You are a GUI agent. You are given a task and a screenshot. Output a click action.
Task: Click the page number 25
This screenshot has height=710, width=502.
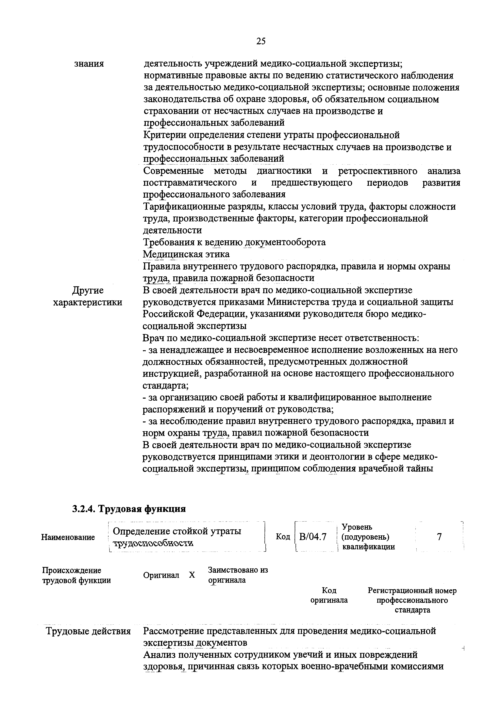pos(261,41)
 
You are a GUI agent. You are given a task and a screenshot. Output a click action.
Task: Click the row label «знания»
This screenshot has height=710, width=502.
pos(89,64)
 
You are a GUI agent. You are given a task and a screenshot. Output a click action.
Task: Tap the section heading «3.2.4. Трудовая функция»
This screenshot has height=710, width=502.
pos(129,509)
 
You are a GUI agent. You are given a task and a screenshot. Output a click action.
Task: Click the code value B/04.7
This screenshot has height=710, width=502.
pos(313,537)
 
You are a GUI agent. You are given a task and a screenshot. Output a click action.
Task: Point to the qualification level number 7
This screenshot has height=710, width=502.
pos(439,537)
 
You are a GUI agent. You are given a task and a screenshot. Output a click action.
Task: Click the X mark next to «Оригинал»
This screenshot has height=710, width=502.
pos(192,575)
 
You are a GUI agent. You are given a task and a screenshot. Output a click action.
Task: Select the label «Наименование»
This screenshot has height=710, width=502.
pos(68,537)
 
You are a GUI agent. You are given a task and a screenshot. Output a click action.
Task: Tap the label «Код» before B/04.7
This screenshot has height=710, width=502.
pos(283,537)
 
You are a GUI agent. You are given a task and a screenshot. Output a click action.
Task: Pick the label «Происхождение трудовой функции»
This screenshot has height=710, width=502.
pos(76,575)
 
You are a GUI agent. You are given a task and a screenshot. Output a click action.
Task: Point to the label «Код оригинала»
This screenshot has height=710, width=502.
pos(329,600)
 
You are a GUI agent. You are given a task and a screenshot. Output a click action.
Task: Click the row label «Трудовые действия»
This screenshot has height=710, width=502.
pos(88,631)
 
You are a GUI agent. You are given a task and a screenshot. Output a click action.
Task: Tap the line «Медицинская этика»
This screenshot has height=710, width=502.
pos(186,254)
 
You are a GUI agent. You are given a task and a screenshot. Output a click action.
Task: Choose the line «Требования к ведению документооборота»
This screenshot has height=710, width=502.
pos(234,242)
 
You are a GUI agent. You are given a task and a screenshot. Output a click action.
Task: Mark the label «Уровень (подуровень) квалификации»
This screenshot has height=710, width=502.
pos(368,537)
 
